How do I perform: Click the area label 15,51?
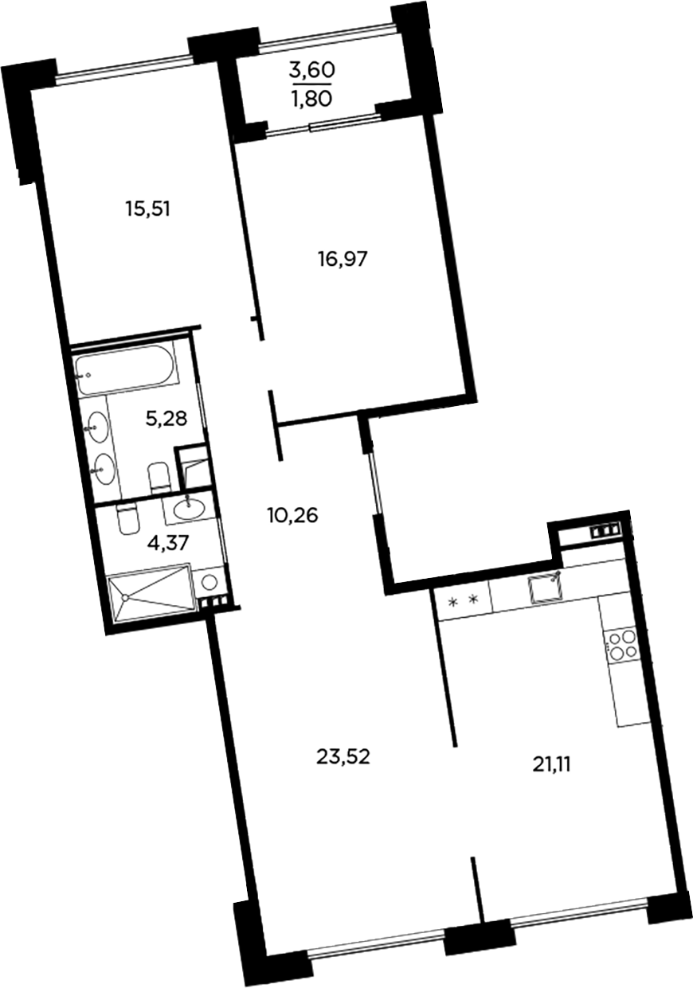coord(149,209)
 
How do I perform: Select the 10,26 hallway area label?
coord(292,515)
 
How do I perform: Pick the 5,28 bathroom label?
coord(166,418)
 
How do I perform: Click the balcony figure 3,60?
coord(311,69)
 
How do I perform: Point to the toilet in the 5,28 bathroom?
coord(159,477)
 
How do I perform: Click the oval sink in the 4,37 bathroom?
coord(190,505)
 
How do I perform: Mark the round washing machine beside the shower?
coord(209,582)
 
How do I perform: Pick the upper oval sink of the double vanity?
coord(98,427)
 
